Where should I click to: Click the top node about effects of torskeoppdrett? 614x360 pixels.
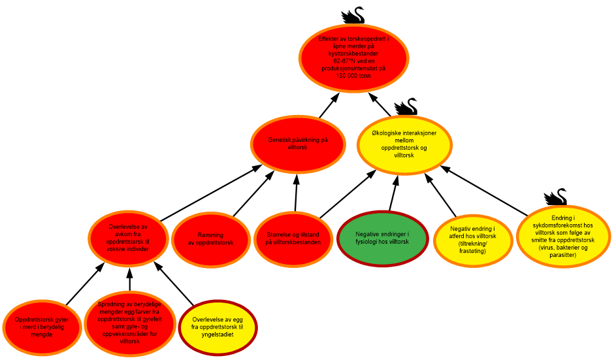[x=353, y=57]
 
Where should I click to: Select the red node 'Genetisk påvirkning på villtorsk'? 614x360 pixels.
[x=298, y=144]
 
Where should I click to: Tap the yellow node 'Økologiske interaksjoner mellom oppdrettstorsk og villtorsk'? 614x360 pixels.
[x=404, y=144]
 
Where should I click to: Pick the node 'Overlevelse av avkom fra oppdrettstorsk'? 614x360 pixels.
[x=129, y=238]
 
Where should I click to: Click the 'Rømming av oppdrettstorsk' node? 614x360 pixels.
[x=210, y=238]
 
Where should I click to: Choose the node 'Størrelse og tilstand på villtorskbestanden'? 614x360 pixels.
[x=293, y=238]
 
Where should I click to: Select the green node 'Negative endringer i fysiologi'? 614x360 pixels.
[x=382, y=238]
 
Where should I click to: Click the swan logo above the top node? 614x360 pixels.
[x=353, y=14]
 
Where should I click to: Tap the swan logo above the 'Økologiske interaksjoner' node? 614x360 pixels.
[x=405, y=105]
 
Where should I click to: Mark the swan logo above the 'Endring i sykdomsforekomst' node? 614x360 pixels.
[x=555, y=195]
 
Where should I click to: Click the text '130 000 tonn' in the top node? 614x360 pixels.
[x=353, y=76]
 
